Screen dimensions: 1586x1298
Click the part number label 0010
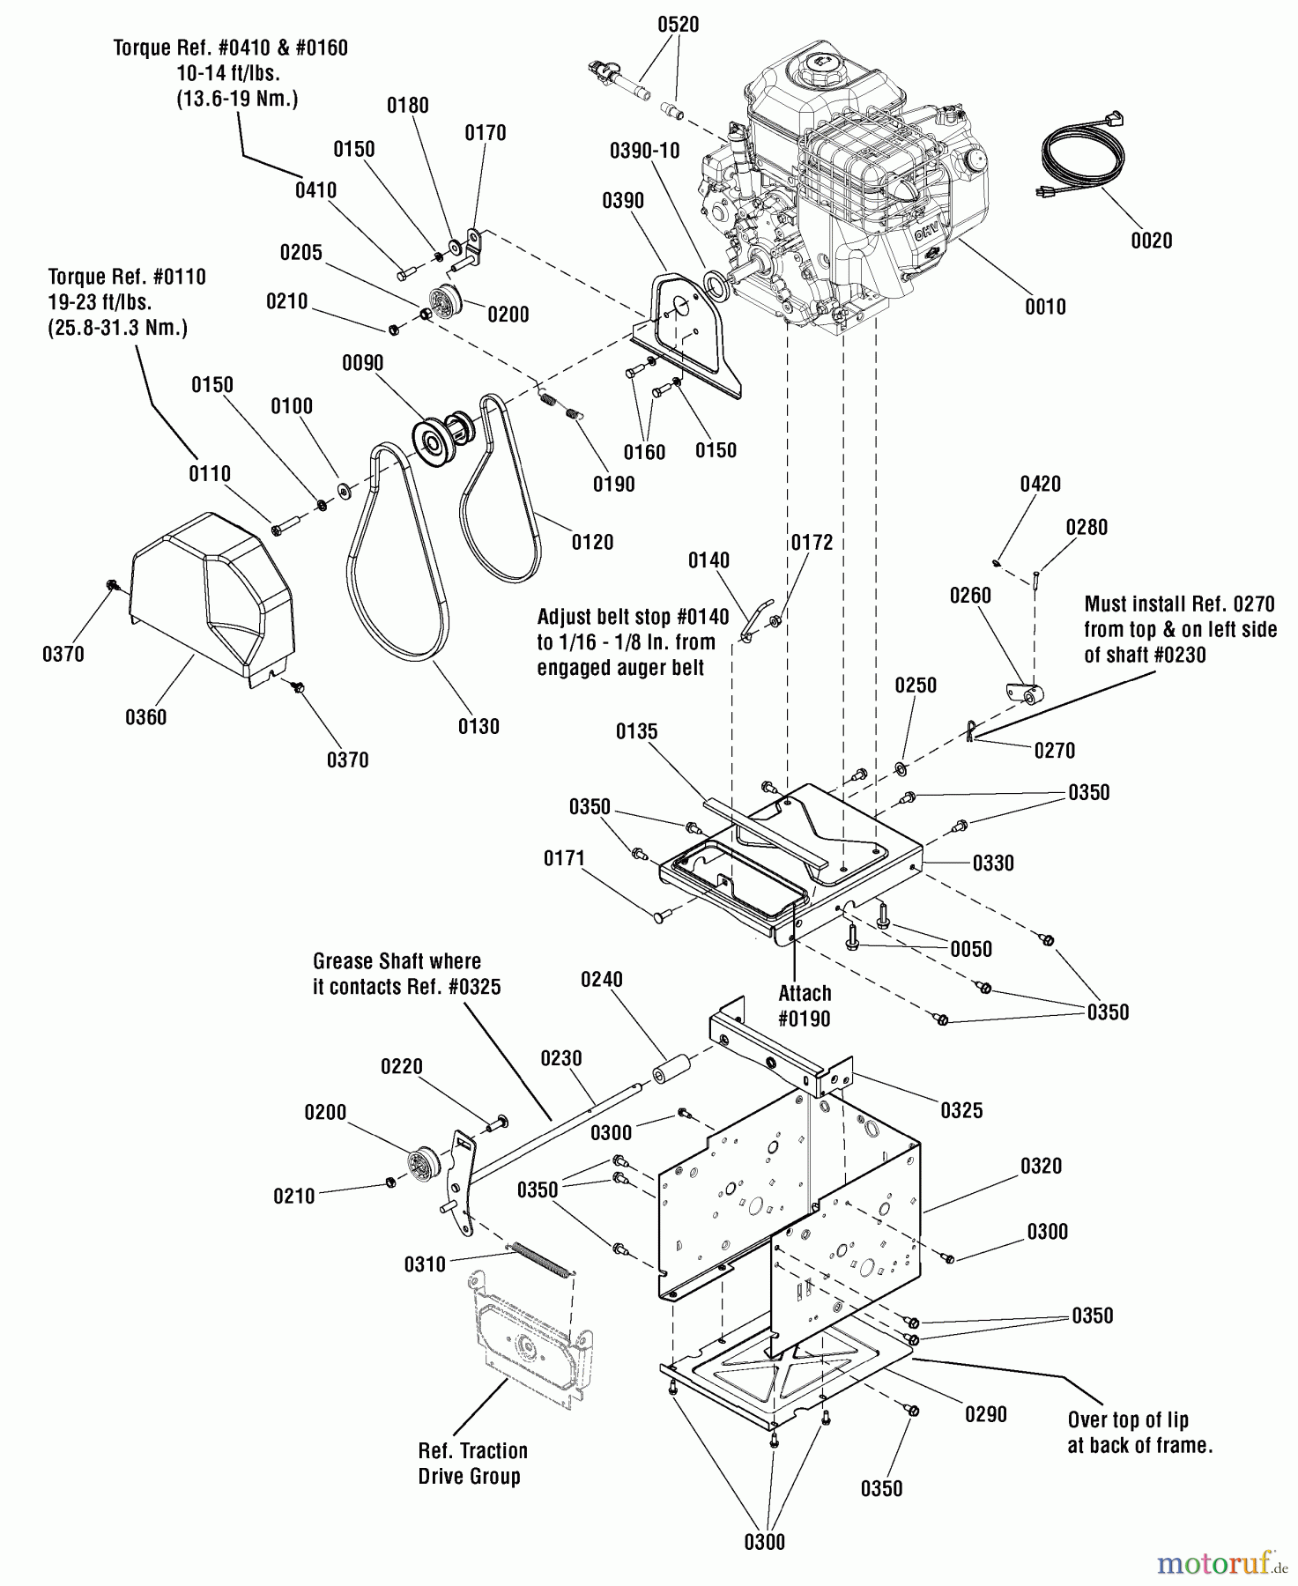coord(1045,307)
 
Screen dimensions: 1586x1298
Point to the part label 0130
coord(478,726)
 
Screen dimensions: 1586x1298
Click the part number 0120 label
coord(592,542)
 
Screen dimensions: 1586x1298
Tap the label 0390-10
coord(644,151)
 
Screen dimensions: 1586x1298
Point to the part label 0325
coord(961,1110)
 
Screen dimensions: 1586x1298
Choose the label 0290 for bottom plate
coord(985,1414)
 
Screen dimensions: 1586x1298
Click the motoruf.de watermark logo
coord(1220,1563)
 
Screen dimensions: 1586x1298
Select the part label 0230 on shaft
coord(561,1057)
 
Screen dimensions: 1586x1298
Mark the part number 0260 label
coord(970,596)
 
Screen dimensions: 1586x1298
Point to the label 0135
coord(636,731)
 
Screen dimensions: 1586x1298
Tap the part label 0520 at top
coord(678,25)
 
